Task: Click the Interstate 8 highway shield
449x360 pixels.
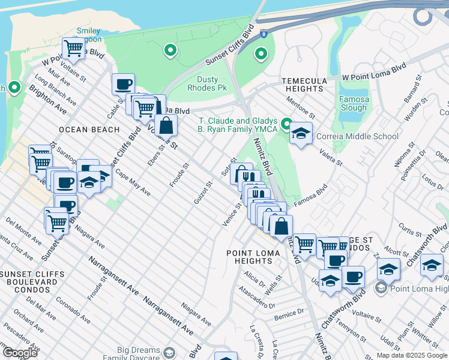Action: click(265, 35)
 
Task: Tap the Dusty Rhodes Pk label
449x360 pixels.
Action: click(212, 83)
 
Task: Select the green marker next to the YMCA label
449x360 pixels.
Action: click(287, 125)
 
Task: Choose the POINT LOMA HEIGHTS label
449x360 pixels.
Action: click(253, 257)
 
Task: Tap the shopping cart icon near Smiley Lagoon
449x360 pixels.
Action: click(74, 47)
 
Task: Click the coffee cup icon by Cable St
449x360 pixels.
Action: click(124, 84)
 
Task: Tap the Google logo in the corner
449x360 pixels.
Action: click(20, 352)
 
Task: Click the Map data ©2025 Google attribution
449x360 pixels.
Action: click(412, 355)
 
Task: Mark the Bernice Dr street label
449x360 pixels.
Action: click(289, 314)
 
